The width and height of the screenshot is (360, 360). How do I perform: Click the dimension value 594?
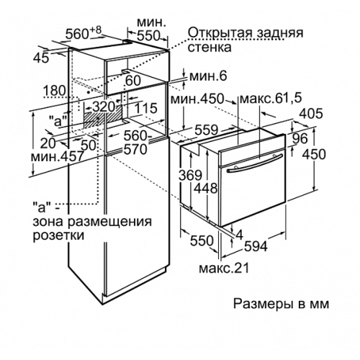tap(256, 246)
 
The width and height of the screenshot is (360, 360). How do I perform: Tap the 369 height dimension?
tap(191, 176)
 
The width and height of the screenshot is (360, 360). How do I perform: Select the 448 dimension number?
tap(206, 188)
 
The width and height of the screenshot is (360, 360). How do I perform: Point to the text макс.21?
tap(224, 269)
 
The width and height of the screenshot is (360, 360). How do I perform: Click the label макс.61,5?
tap(271, 99)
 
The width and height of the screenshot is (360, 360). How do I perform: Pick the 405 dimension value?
tap(311, 114)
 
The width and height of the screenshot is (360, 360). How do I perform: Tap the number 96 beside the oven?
tap(300, 138)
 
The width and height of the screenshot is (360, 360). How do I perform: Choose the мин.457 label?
tap(58, 157)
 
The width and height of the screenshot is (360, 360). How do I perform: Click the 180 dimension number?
tap(55, 91)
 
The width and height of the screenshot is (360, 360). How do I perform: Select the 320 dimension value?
tap(104, 107)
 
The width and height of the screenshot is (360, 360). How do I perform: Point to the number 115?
tap(145, 108)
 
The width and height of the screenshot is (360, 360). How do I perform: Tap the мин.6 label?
tap(208, 76)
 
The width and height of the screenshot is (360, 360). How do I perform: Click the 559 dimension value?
tap(206, 130)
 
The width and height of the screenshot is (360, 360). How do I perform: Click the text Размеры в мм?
tap(282, 304)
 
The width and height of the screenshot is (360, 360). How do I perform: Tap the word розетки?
tap(58, 235)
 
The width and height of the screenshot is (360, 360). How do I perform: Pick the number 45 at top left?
tap(41, 58)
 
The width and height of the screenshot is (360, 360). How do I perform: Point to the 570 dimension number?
tap(135, 150)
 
